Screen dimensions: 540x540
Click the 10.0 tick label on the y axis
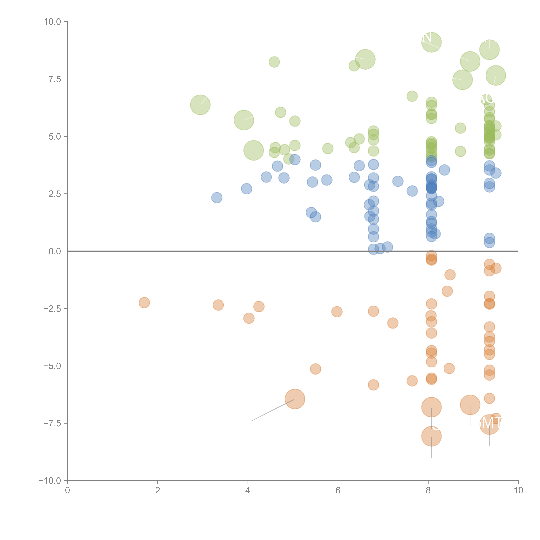pyautogui.click(x=53, y=22)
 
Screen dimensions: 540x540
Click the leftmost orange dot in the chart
pyautogui.click(x=144, y=302)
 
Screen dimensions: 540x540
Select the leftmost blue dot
pyautogui.click(x=217, y=198)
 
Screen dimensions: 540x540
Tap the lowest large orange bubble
pyautogui.click(x=431, y=436)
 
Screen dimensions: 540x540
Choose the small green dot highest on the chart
pyautogui.click(x=274, y=62)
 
